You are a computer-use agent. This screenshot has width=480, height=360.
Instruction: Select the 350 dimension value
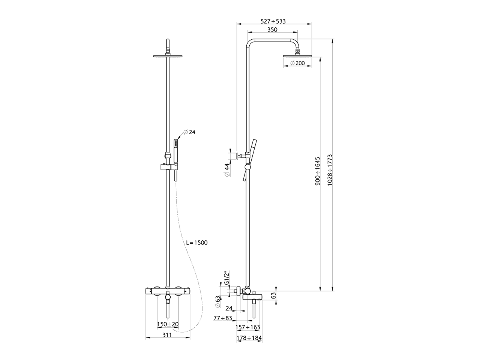point(273,30)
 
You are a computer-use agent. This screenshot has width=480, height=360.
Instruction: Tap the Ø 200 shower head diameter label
point(297,63)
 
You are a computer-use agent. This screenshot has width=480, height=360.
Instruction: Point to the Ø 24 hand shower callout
point(189,132)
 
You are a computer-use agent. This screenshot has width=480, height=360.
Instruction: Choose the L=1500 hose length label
point(197,243)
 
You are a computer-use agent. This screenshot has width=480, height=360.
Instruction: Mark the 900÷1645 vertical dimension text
point(318,171)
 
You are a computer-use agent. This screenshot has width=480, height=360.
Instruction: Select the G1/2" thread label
point(226,278)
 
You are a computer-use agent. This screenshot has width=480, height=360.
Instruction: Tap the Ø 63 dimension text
point(217,301)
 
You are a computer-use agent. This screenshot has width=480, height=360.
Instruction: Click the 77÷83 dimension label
point(223,318)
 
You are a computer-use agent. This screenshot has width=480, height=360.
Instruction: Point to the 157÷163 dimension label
point(247,327)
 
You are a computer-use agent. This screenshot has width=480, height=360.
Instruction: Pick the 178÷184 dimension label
point(249,339)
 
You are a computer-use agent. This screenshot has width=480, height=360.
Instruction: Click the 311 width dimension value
point(167,335)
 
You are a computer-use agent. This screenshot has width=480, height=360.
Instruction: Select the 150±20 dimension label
point(167,324)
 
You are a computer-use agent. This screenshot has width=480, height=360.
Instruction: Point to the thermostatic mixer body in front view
point(168,291)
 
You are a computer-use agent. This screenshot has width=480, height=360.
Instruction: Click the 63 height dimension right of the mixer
point(273,295)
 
